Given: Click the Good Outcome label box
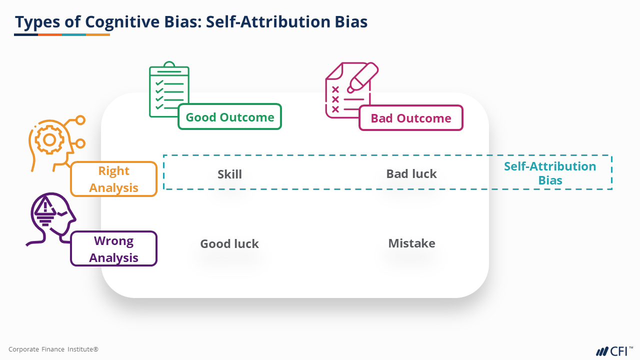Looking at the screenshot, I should point(230,117).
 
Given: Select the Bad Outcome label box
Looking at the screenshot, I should point(411,118).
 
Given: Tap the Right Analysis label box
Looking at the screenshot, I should point(114,179).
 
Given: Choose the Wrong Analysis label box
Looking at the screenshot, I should point(114,249).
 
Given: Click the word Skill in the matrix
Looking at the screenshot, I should point(229,174).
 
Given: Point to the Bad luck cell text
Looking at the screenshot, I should point(411,174).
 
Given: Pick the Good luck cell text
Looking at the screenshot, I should point(229,244).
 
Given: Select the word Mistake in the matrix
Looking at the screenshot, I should point(411,243).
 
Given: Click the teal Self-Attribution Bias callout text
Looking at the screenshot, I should point(550,173).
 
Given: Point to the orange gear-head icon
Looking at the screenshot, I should point(52,142).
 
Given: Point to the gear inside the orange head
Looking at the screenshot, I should point(49,140).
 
